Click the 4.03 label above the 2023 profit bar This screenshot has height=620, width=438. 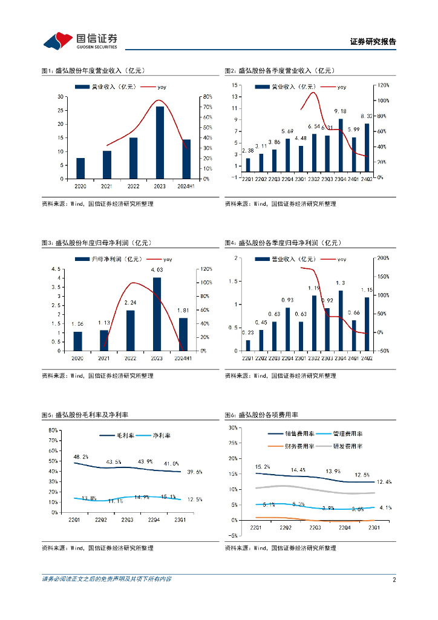[157, 269]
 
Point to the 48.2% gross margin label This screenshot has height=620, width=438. [81, 457]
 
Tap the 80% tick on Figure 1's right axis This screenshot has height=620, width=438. [207, 97]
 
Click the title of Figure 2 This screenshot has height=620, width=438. [283, 71]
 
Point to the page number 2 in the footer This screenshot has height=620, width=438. [394, 579]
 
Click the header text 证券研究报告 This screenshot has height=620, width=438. [373, 42]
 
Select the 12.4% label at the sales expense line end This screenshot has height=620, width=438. [384, 482]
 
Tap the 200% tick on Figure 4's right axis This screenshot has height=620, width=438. [383, 258]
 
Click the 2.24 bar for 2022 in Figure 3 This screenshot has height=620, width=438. [130, 331]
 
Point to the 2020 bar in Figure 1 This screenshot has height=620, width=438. [80, 168]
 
